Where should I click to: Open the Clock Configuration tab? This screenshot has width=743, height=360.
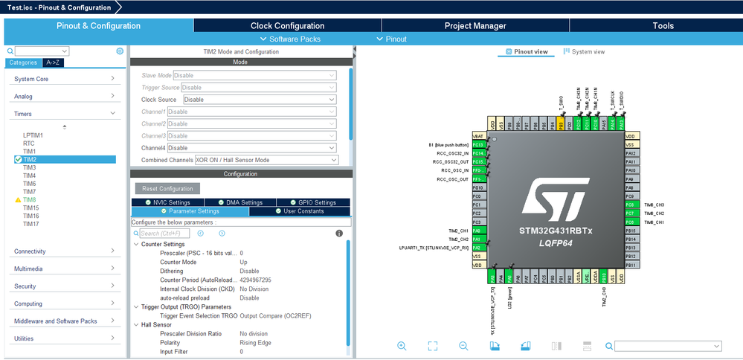click(x=287, y=25)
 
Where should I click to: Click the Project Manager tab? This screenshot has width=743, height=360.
click(x=475, y=25)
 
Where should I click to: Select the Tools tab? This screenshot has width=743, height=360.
click(x=663, y=25)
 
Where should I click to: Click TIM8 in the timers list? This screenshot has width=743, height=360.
click(x=30, y=200)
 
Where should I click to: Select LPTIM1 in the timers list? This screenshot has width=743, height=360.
click(x=33, y=135)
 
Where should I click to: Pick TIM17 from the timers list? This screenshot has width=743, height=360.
click(x=30, y=224)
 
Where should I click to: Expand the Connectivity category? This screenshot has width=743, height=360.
click(x=63, y=251)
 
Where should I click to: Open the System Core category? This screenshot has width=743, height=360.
click(x=63, y=79)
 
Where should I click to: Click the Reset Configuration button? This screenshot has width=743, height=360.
click(x=167, y=189)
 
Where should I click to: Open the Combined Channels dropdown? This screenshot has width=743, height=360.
click(x=266, y=160)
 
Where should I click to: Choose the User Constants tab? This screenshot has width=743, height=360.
click(x=299, y=211)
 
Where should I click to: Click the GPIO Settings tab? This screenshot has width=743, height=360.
click(x=313, y=202)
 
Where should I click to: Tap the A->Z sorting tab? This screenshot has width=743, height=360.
click(x=54, y=62)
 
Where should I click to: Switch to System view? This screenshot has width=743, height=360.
click(x=584, y=52)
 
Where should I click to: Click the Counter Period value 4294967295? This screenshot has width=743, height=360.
click(x=255, y=280)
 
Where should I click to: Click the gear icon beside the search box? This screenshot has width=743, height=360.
click(x=120, y=51)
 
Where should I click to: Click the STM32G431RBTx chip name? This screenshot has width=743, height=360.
click(x=556, y=231)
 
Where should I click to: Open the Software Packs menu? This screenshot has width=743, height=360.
click(x=290, y=39)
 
